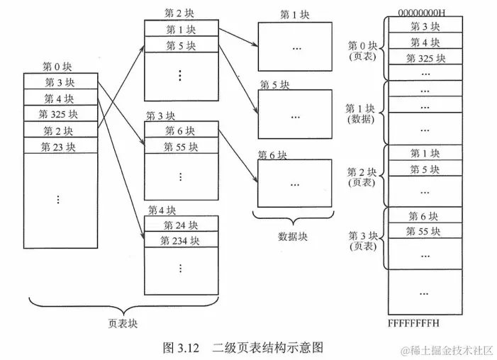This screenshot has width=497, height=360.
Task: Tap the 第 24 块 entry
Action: coord(181,225)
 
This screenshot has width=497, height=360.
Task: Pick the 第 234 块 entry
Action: coord(181,241)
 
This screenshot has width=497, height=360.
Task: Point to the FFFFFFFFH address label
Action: coord(414,323)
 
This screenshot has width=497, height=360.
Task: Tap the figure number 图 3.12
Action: coord(179,347)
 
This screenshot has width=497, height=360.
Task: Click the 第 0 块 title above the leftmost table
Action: coord(57,67)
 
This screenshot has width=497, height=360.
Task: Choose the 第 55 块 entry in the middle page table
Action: coord(181,147)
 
